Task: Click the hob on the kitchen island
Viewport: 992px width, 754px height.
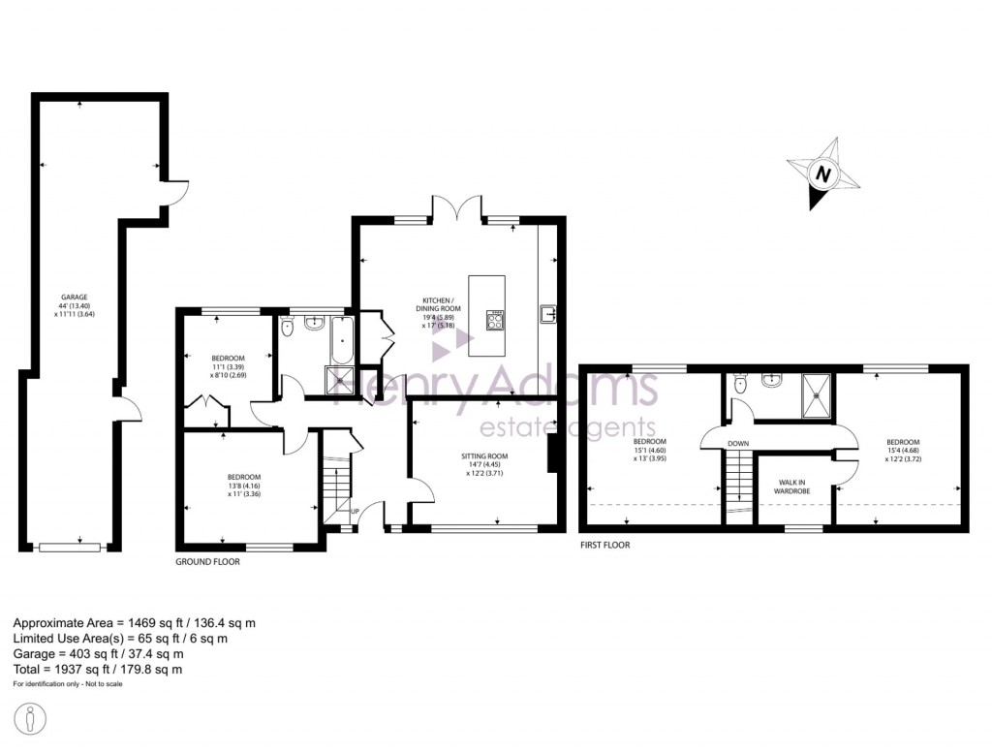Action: pyautogui.click(x=495, y=321)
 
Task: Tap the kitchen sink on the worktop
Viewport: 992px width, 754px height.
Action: pyautogui.click(x=547, y=312)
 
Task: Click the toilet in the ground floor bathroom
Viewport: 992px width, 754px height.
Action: pyautogui.click(x=287, y=328)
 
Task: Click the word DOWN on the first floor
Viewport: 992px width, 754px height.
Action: pyautogui.click(x=738, y=444)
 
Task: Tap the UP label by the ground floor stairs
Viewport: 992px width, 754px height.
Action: pyautogui.click(x=356, y=512)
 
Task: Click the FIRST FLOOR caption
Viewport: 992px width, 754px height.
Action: pyautogui.click(x=604, y=545)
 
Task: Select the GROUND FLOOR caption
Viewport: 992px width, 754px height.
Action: pyautogui.click(x=207, y=561)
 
